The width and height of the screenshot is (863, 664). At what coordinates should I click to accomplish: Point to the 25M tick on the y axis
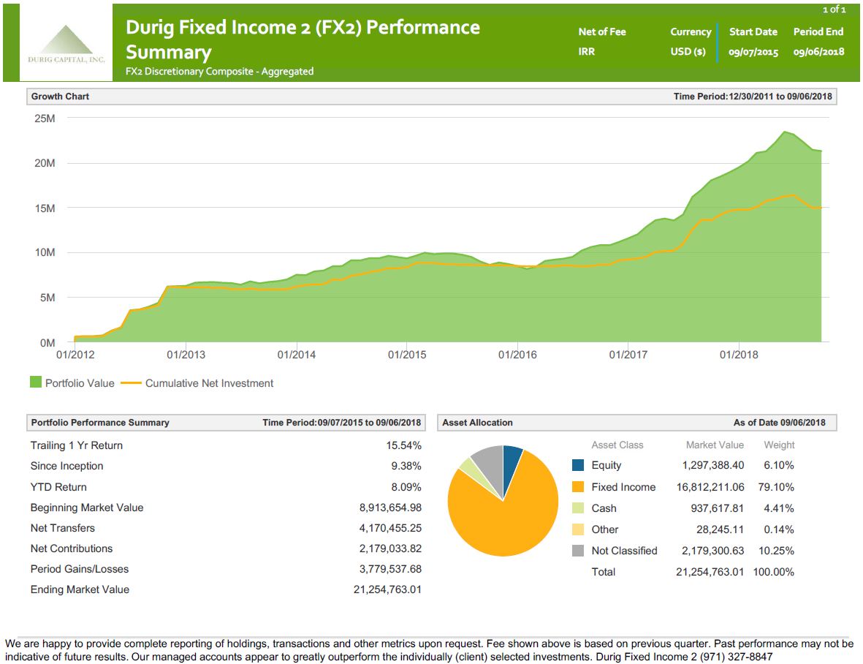point(45,118)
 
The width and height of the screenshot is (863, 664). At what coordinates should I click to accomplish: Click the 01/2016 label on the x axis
point(517,355)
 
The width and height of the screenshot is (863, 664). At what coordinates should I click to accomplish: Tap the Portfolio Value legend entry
point(72,382)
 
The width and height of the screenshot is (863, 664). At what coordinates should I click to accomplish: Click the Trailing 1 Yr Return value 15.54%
point(403,445)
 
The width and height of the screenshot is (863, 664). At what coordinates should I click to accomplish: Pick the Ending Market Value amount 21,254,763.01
point(387,589)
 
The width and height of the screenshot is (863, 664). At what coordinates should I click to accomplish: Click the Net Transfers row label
point(63,528)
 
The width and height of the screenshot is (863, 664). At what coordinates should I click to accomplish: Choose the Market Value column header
point(715,445)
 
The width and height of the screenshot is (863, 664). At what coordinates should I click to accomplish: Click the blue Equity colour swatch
point(578,465)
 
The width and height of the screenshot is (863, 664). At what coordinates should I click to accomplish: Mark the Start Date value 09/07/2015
point(753,52)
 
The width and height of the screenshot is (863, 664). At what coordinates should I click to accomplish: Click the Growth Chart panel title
point(60,97)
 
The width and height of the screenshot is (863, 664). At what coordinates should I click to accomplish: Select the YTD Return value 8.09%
point(406,487)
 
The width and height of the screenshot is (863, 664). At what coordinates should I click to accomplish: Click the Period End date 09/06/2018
point(818,52)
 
